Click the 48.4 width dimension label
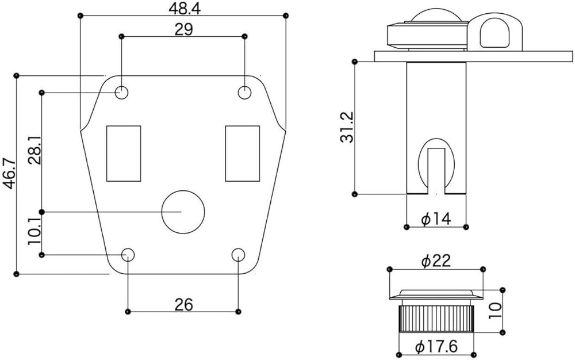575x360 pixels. (185, 9)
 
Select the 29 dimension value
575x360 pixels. (184, 30)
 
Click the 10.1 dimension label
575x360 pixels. (35, 232)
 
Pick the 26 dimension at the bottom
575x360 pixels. (184, 304)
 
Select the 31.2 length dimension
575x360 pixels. (347, 127)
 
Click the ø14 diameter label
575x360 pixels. (436, 219)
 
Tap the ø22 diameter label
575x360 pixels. (436, 262)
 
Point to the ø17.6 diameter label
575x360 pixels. (436, 346)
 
